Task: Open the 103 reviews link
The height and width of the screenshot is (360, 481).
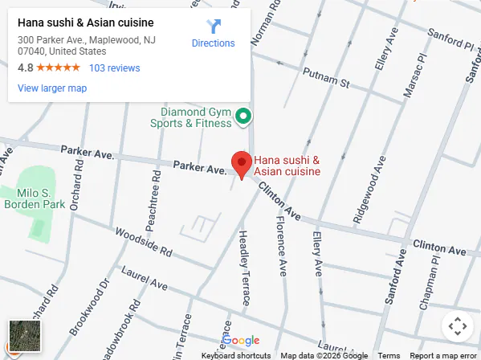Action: coord(114,68)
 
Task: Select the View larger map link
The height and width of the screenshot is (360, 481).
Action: coord(52,88)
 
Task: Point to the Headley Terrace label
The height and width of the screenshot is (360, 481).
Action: coord(243,268)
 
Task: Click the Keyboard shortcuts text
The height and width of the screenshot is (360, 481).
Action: coord(235,355)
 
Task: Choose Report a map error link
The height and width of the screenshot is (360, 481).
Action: coord(443,355)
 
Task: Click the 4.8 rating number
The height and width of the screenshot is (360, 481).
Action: coord(25,68)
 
